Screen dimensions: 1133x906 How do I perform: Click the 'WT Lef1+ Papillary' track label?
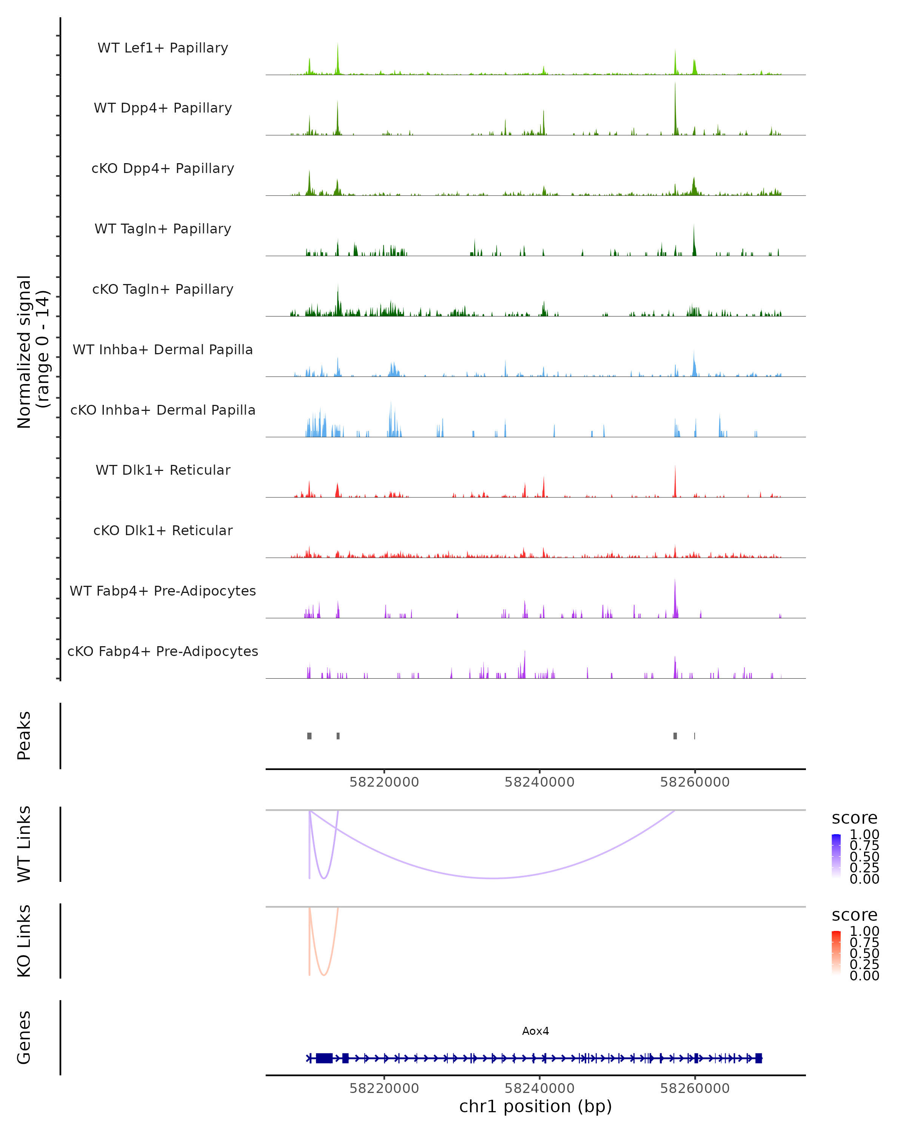(163, 48)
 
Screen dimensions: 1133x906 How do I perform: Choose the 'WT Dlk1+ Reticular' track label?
(163, 470)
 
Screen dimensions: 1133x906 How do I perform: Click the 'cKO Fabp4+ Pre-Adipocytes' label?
(163, 651)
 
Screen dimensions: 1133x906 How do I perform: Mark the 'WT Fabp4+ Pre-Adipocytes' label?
(163, 591)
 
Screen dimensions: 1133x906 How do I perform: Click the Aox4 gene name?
(535, 1031)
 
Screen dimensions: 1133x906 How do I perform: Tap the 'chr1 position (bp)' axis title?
(535, 1107)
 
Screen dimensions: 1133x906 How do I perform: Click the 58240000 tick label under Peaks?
(539, 782)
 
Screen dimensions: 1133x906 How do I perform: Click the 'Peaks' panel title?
(24, 736)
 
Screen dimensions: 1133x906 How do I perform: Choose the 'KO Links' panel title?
(24, 941)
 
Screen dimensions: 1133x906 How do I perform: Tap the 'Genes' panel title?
(24, 1037)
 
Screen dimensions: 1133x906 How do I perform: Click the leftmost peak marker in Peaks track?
(309, 736)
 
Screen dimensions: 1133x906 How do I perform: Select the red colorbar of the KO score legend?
(836, 952)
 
